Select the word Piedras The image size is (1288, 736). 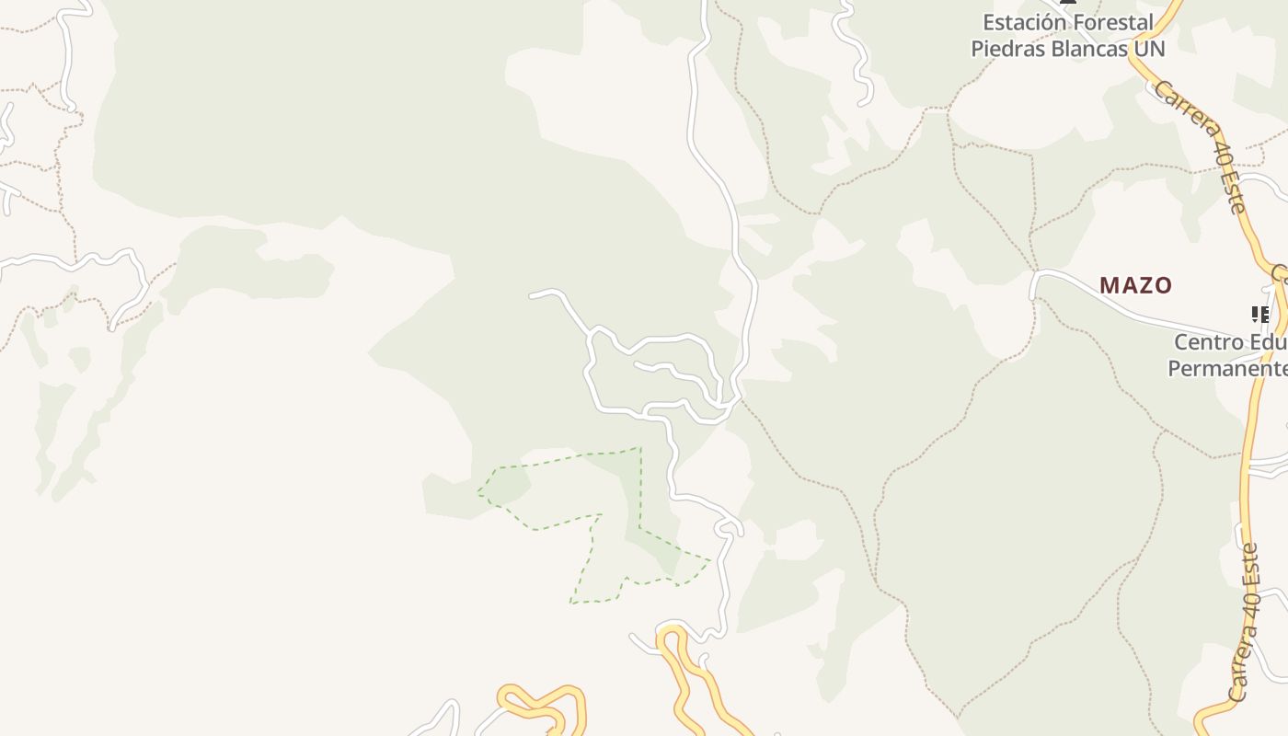(x=1005, y=48)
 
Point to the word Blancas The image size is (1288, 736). (x=1086, y=48)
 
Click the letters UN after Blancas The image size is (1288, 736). (x=1150, y=48)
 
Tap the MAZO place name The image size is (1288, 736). (x=1135, y=285)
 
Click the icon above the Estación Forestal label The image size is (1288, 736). (x=1068, y=3)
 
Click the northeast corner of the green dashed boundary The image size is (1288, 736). (x=639, y=448)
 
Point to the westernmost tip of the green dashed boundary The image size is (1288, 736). (x=478, y=493)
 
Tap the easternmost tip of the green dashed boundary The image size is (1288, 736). (x=710, y=558)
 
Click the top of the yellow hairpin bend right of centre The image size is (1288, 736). (x=672, y=629)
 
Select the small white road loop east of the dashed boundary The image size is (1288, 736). (x=728, y=526)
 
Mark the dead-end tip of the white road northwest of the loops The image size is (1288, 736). (x=531, y=295)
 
